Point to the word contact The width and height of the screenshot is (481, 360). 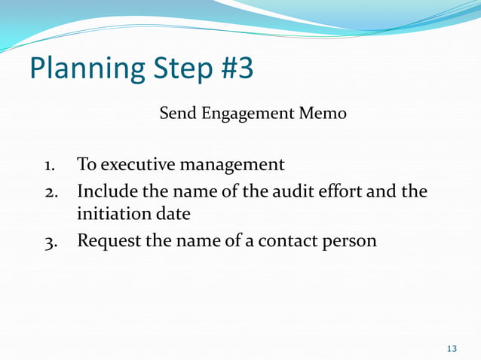(x=277, y=243)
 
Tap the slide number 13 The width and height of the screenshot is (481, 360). (x=452, y=348)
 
